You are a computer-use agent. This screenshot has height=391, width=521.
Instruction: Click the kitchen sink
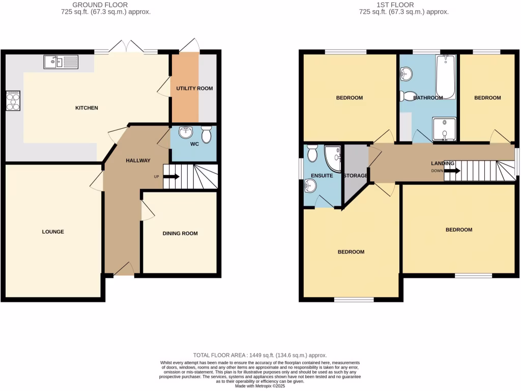click(x=60, y=63)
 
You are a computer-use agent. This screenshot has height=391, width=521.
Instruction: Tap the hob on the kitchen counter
click(x=13, y=101)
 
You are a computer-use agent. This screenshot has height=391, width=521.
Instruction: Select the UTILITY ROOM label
click(x=194, y=89)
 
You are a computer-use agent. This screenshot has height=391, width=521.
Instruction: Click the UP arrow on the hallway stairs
click(x=171, y=177)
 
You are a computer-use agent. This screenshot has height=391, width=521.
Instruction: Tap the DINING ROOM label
click(x=180, y=234)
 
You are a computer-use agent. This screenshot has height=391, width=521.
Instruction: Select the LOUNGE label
click(x=53, y=232)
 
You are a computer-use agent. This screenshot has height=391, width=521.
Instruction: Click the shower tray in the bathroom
click(x=445, y=129)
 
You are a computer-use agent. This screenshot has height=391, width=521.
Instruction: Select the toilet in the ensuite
click(x=312, y=152)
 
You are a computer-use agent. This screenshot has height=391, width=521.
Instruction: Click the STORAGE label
click(x=356, y=176)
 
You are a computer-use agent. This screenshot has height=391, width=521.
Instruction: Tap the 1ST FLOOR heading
click(x=404, y=5)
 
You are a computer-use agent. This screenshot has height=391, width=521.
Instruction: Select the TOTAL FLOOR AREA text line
click(x=260, y=355)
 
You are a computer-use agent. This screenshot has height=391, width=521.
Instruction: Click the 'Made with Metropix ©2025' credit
click(x=260, y=386)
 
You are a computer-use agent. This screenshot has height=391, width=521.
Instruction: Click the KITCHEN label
click(x=86, y=108)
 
